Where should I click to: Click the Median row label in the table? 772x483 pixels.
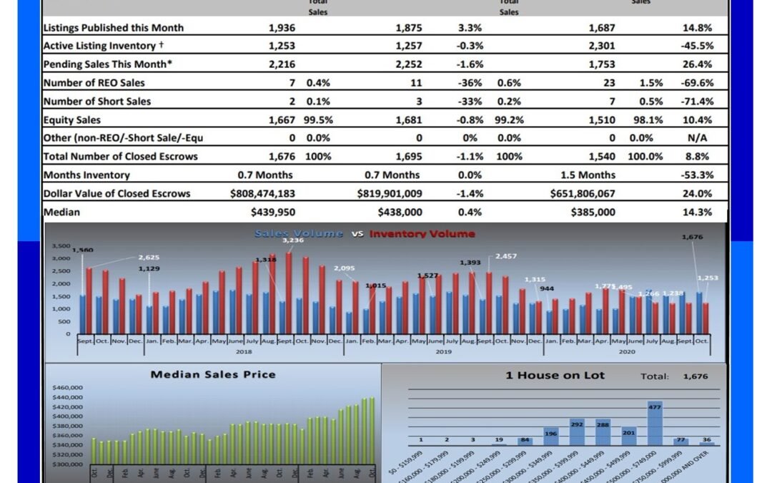click(x=62, y=212)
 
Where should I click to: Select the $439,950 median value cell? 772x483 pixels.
click(x=272, y=212)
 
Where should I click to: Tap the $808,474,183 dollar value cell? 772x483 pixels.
click(x=262, y=193)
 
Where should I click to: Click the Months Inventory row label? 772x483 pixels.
click(x=86, y=175)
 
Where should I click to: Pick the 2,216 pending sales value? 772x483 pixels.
click(x=282, y=64)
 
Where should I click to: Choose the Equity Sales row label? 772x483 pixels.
click(x=72, y=119)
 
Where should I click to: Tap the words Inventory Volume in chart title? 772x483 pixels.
click(x=422, y=233)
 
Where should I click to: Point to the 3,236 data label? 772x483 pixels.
click(x=293, y=240)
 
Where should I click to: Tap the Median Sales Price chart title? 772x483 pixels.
click(x=212, y=374)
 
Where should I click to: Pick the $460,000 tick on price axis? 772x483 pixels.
click(x=68, y=388)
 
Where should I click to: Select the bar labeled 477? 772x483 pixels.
click(x=655, y=424)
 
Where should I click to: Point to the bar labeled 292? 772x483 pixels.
click(x=577, y=431)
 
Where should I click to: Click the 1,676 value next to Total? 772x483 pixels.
click(x=696, y=376)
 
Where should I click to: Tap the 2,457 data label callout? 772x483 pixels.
click(x=505, y=255)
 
